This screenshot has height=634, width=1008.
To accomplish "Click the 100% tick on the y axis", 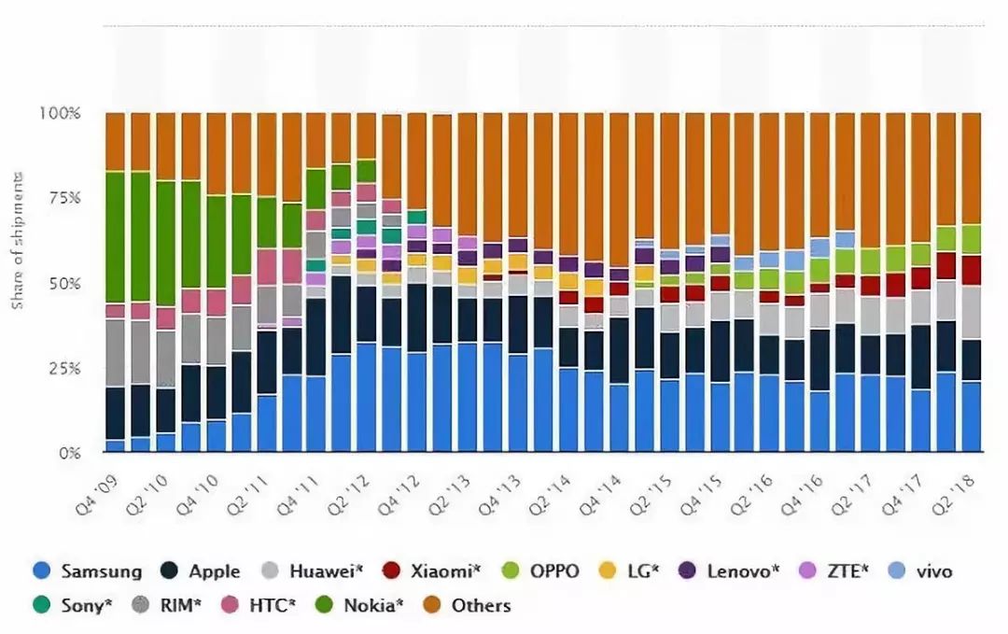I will pyautogui.click(x=61, y=113).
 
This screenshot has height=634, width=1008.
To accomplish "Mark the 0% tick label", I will pyautogui.click(x=71, y=453).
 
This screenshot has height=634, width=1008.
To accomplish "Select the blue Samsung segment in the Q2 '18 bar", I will pyautogui.click(x=971, y=416).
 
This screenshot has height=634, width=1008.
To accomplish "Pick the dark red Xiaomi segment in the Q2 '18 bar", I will pyautogui.click(x=971, y=270).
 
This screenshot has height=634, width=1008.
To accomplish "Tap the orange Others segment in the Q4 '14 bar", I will pyautogui.click(x=618, y=187).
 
